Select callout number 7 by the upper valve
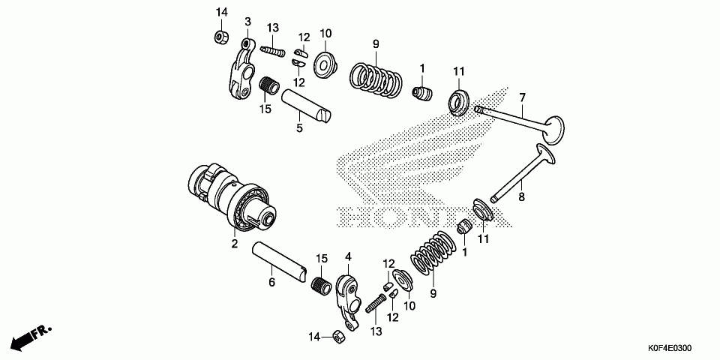tap(523, 97)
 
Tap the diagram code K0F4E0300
tap(670, 348)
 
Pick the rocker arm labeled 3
tap(241, 71)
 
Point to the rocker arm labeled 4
tap(349, 292)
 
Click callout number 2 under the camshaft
tap(233, 244)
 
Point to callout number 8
tap(523, 196)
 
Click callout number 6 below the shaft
tap(272, 282)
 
